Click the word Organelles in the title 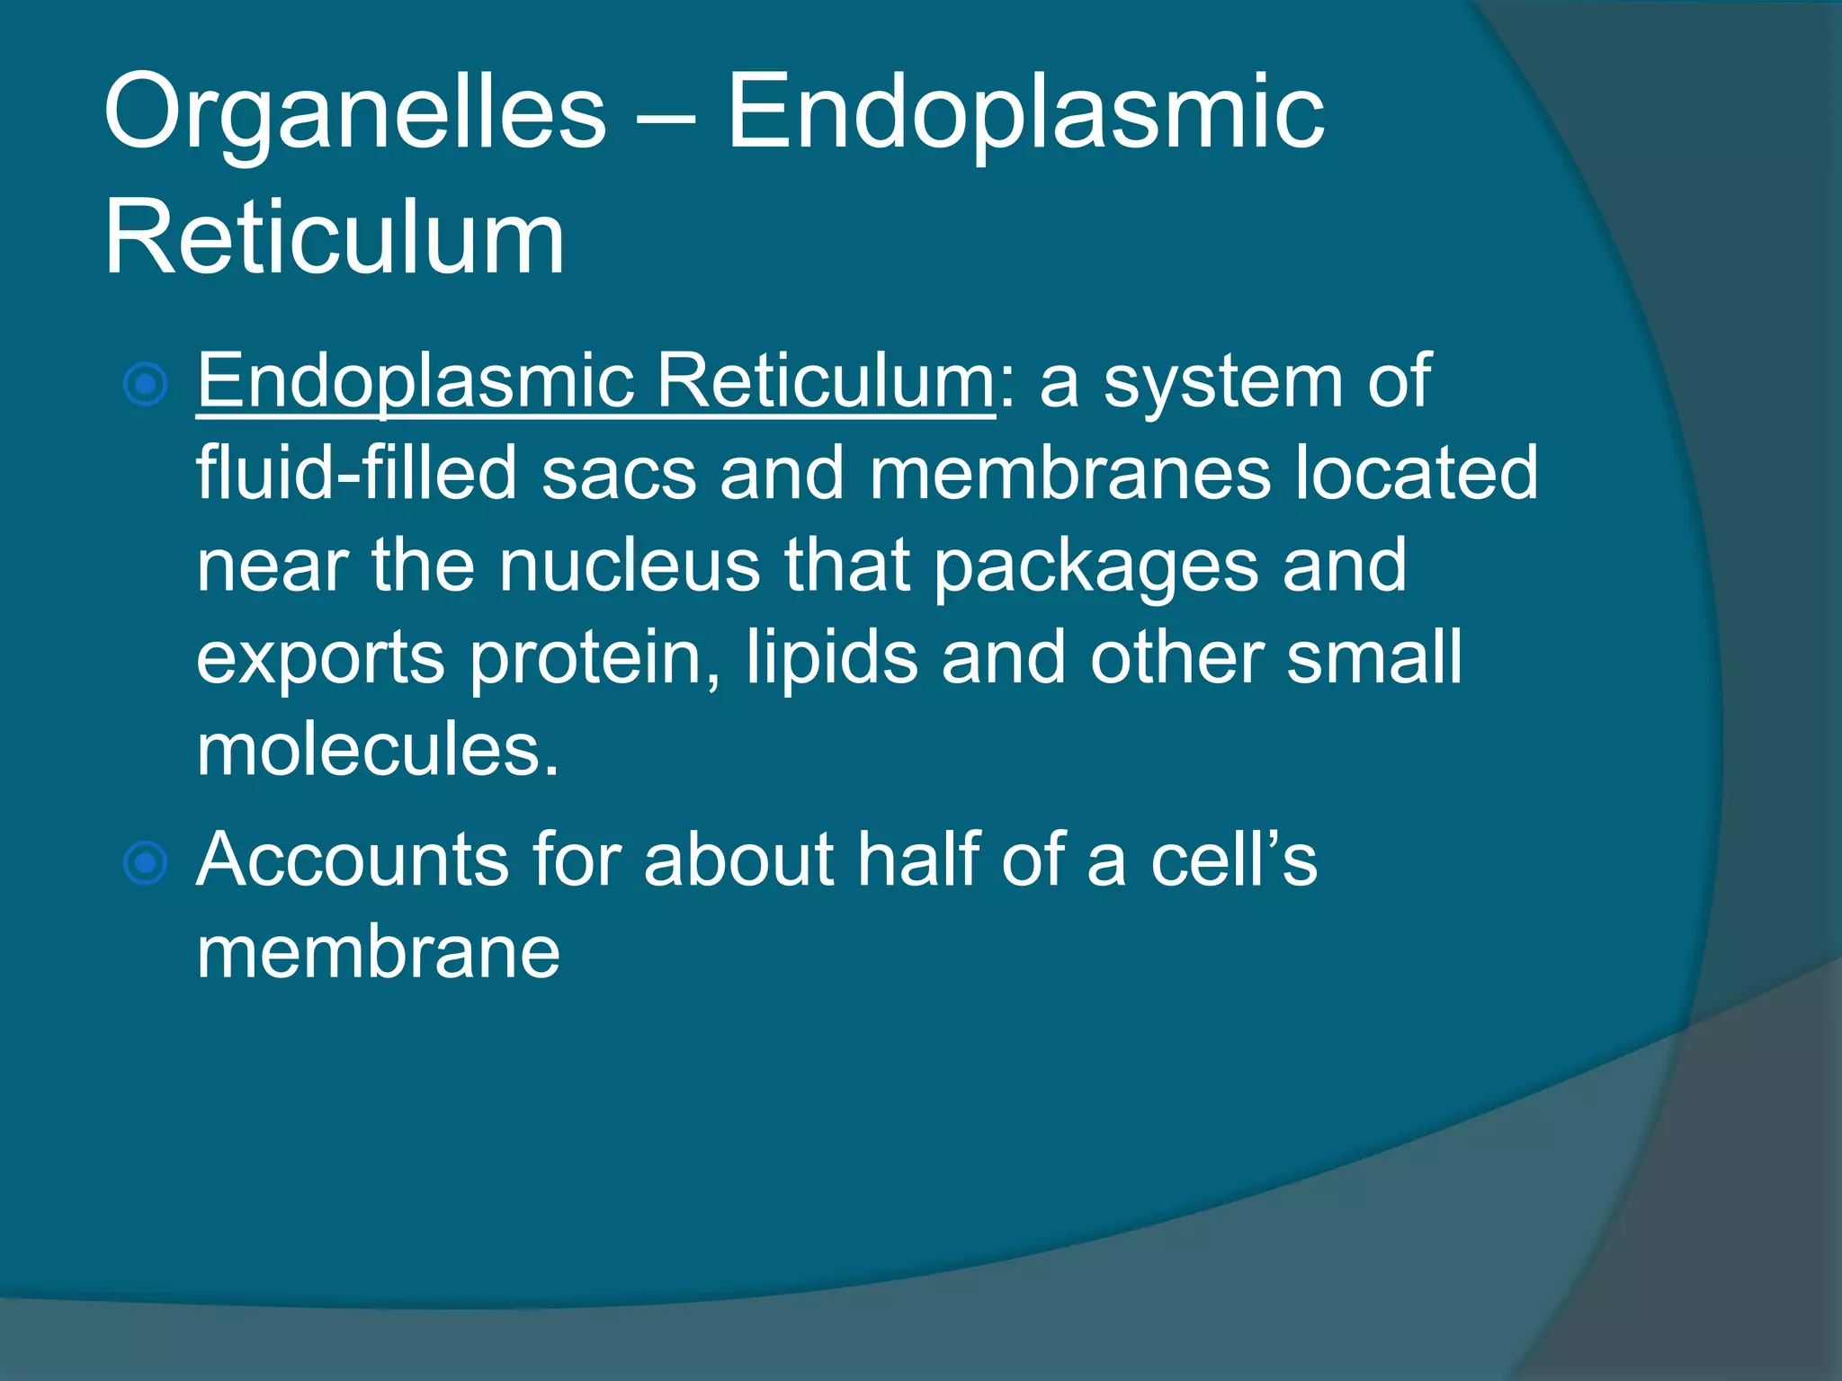pos(355,114)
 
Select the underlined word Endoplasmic pos(416,382)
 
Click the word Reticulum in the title pos(335,238)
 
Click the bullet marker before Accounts pos(145,864)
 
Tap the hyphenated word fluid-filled pos(356,473)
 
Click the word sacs pos(619,475)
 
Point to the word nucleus pos(630,566)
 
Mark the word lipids pos(832,658)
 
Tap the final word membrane pos(378,952)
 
